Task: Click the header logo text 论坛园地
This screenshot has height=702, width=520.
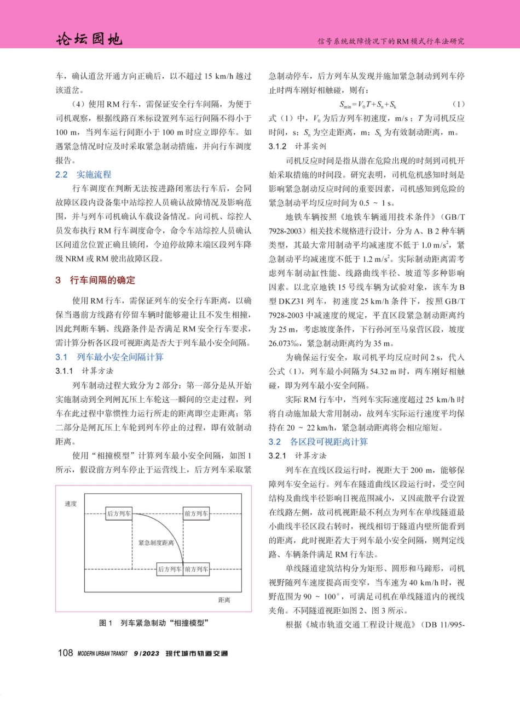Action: click(x=89, y=40)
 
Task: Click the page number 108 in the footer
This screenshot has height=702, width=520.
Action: click(x=66, y=653)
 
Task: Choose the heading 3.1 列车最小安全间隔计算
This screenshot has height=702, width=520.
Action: click(x=109, y=357)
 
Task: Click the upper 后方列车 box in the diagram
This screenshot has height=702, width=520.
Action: click(x=119, y=513)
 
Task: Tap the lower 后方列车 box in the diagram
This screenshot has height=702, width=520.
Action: click(x=169, y=569)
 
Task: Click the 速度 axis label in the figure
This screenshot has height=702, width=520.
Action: click(x=71, y=504)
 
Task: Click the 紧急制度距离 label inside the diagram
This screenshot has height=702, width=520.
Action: click(x=156, y=543)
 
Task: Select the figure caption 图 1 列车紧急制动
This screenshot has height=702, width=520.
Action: click(x=154, y=624)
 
